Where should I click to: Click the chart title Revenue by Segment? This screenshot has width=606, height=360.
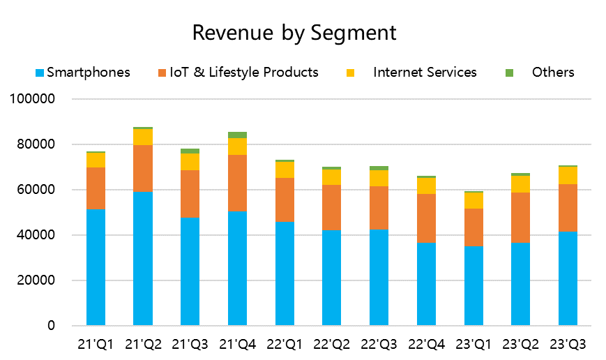[x=294, y=33]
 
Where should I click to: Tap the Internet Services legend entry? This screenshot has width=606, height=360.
[x=425, y=73]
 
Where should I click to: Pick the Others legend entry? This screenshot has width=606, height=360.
[x=552, y=73]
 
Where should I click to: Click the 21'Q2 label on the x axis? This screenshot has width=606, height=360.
[x=143, y=343]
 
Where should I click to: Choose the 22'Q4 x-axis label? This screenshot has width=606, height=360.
[x=426, y=343]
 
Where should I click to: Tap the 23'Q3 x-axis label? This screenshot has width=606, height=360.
[x=568, y=343]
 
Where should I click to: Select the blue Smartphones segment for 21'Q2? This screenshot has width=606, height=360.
[x=143, y=258]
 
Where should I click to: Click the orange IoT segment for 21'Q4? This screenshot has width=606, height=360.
[x=237, y=183]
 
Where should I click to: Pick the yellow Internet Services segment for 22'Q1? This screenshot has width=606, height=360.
[x=285, y=170]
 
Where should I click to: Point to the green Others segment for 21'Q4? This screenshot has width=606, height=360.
[x=237, y=135]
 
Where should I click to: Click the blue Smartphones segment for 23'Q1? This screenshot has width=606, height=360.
[x=474, y=286]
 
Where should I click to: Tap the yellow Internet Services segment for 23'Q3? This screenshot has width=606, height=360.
[x=568, y=175]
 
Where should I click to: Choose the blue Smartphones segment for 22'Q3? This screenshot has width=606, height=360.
[x=379, y=278]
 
